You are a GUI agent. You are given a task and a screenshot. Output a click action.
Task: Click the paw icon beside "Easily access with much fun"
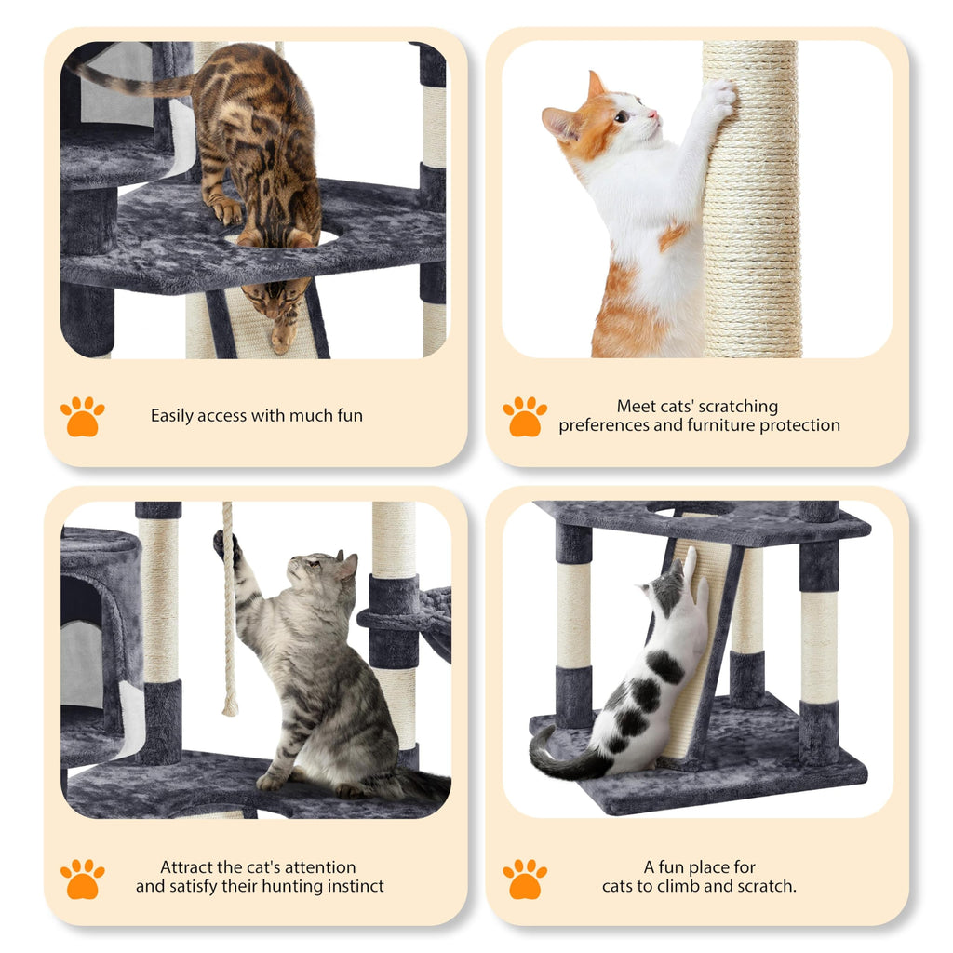click(82, 416)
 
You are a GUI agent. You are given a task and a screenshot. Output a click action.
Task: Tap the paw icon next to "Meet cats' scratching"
click(525, 416)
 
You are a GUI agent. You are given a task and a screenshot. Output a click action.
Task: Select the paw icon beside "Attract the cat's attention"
click(82, 878)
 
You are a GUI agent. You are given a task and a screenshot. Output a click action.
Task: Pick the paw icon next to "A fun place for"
click(525, 878)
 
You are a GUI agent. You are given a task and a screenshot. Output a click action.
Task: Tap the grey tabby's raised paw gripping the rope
click(225, 544)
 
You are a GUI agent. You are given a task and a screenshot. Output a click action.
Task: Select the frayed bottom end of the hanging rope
click(229, 707)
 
